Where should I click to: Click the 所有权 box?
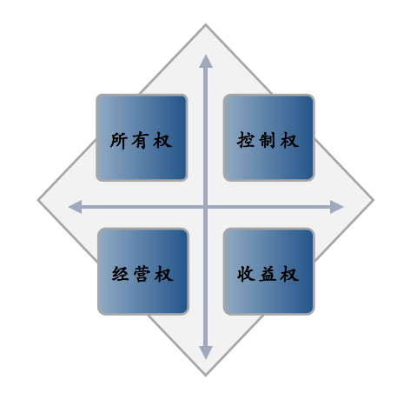tap(142, 137)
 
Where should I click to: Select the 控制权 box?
tap(268, 137)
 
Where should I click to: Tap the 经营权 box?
tap(143, 271)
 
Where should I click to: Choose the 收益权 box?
tap(268, 271)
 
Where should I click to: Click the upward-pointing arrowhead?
tap(206, 61)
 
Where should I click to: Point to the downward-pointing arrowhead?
tap(206, 353)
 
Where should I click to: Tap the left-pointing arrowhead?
tap(75, 207)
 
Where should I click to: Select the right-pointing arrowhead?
tap(337, 207)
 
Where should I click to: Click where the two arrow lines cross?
tap(206, 207)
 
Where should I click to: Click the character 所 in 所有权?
tap(118, 141)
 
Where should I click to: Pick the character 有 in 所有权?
tap(141, 141)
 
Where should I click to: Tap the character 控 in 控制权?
tap(246, 140)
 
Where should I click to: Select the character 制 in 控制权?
tap(268, 140)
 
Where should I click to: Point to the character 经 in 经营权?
tap(120, 274)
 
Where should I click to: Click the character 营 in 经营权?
tap(142, 274)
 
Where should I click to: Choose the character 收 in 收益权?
tap(246, 274)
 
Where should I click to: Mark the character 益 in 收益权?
tap(268, 274)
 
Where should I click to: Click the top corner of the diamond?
tap(206, 24)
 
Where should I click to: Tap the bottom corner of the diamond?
tap(206, 376)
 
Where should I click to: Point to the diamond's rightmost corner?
tap(374, 200)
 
